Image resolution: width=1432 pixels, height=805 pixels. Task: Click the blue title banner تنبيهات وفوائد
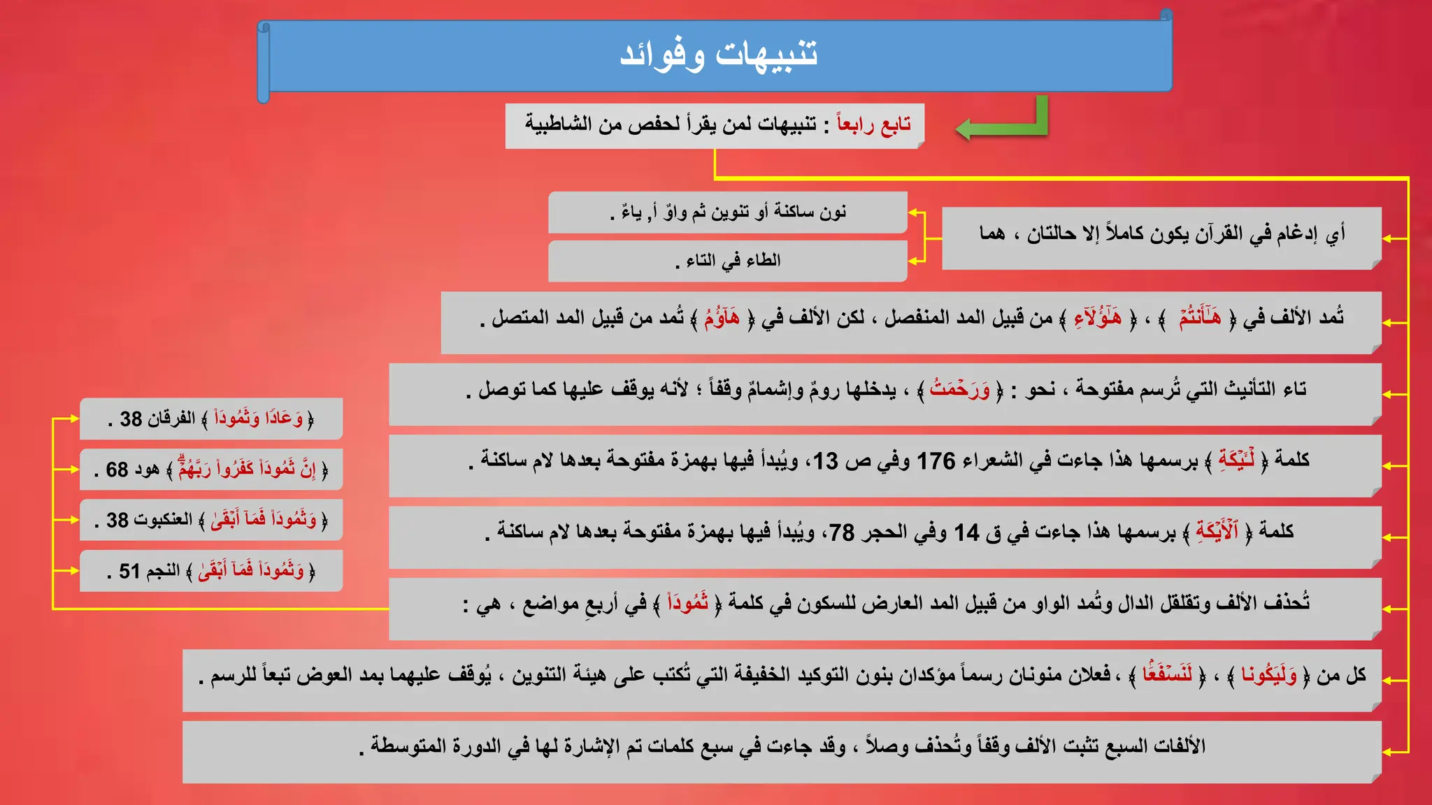pos(717,55)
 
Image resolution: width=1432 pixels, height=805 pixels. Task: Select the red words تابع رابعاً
pos(874,125)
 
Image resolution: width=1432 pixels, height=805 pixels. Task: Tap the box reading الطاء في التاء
pos(727,261)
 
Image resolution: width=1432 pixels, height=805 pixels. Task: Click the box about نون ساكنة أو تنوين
pos(727,212)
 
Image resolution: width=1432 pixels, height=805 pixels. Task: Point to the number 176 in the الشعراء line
pos(936,461)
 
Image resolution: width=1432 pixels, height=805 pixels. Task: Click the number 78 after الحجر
pos(842,533)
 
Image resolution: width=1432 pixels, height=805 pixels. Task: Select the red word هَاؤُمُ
pos(722,319)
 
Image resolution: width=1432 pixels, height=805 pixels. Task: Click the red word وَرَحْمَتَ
pos(959,390)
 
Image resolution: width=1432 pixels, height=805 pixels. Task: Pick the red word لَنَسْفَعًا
pos(1167,675)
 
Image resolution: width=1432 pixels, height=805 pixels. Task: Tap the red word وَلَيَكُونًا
pos(1268,675)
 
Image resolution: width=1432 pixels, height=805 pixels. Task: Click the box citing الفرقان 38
pos(211,419)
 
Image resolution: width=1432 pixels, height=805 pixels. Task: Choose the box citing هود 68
pos(211,470)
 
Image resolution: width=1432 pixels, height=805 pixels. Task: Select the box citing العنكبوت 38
pos(211,520)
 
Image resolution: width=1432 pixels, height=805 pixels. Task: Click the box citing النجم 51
pos(211,571)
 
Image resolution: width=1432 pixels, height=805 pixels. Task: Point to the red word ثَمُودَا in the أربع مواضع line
pos(687,603)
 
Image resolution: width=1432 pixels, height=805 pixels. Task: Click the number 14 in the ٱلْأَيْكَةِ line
pos(967,533)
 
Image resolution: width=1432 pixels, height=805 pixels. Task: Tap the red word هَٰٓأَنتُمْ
pos(1200,319)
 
